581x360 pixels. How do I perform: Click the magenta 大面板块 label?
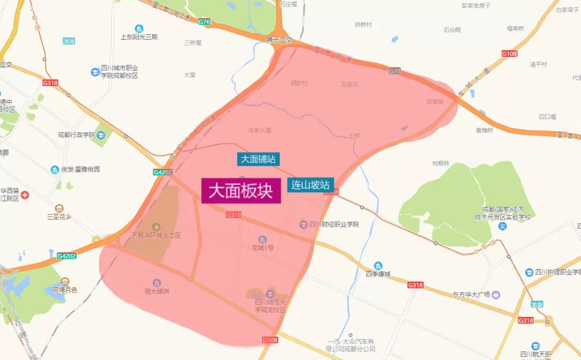(x=241, y=191)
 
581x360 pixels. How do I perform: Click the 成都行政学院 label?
(x=76, y=135)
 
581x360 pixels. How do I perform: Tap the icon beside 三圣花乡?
(x=59, y=208)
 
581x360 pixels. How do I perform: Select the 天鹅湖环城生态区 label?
(x=156, y=236)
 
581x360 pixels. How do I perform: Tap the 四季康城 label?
(x=378, y=273)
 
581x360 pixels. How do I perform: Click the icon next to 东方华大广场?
(x=495, y=294)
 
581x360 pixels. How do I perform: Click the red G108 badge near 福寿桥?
(x=509, y=54)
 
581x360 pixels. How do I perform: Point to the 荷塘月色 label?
(x=65, y=290)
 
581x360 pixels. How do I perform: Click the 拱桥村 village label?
(x=363, y=25)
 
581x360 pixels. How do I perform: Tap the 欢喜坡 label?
(x=435, y=101)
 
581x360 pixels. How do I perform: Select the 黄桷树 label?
(x=484, y=130)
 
